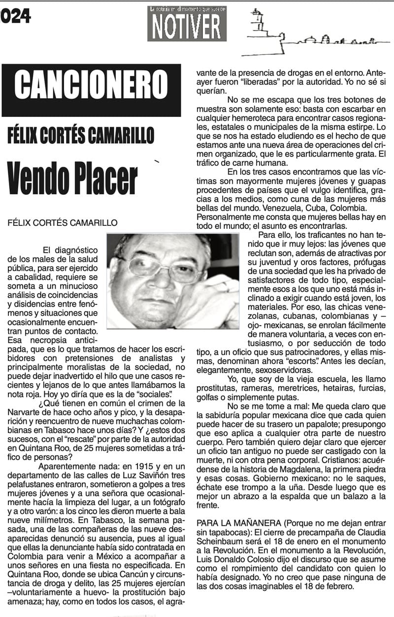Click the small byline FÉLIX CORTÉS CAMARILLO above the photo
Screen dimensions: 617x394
tap(63, 222)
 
